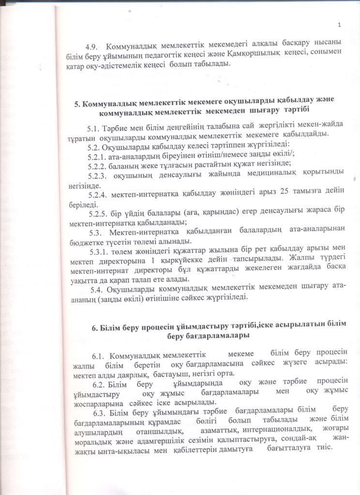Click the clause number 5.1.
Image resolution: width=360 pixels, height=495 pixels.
(x=93, y=128)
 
